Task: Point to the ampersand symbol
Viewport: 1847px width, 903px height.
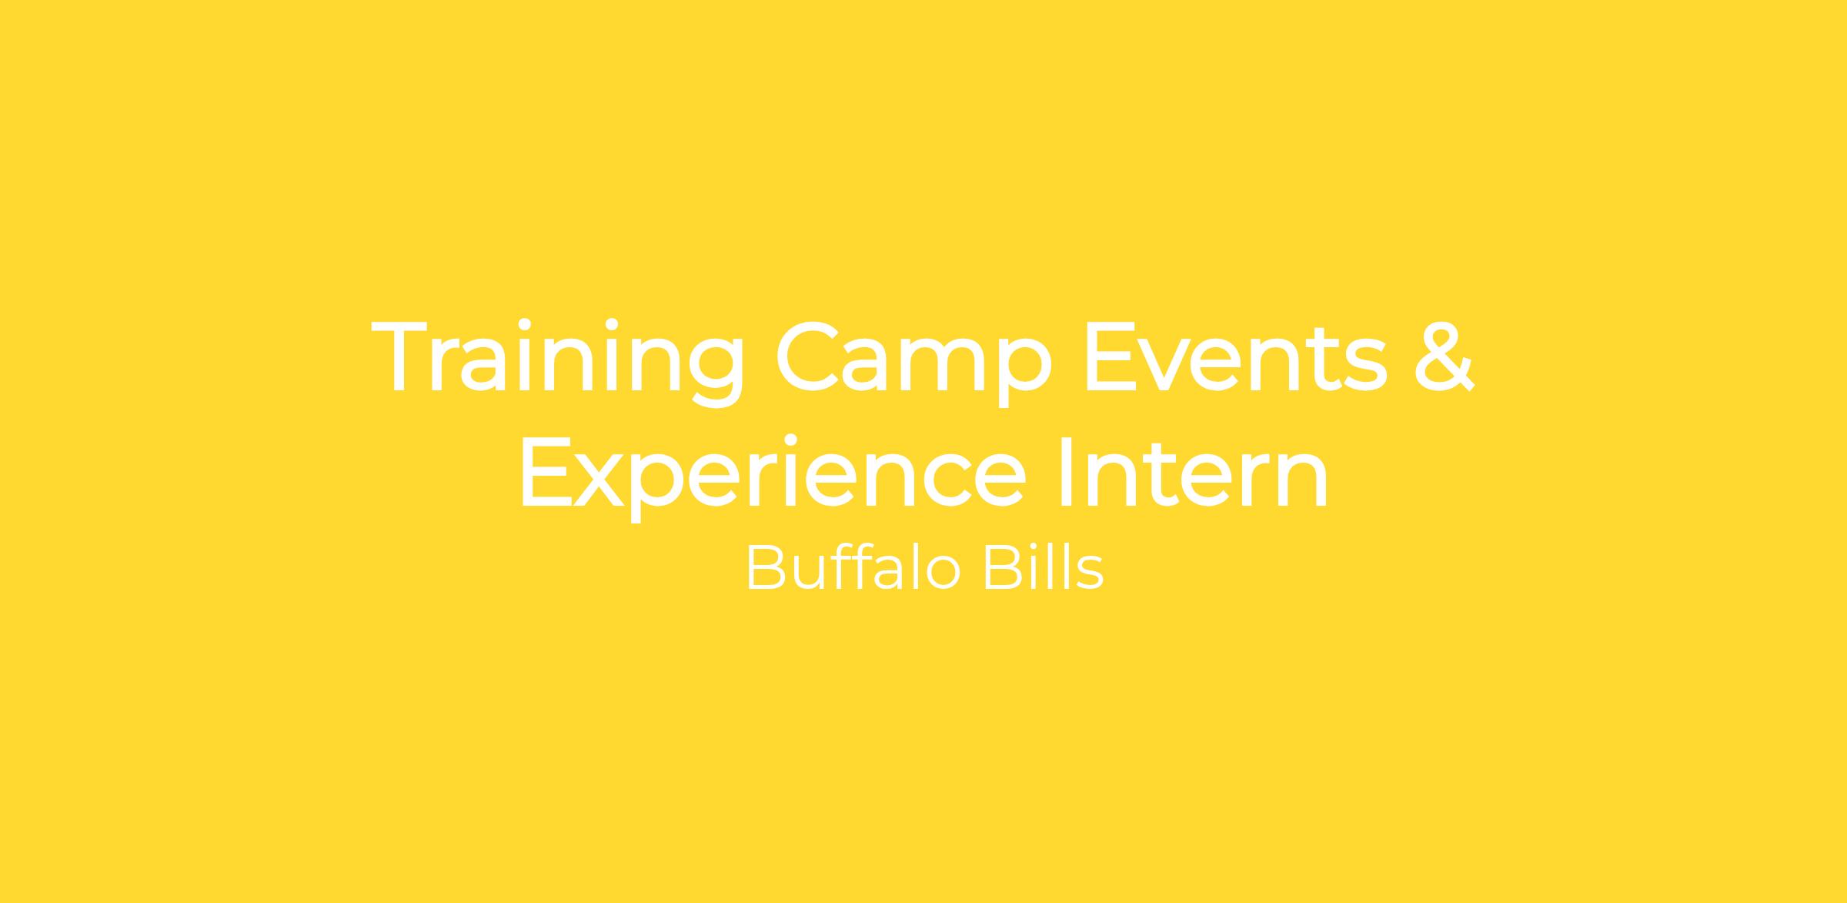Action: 1445,357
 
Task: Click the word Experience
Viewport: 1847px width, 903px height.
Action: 773,476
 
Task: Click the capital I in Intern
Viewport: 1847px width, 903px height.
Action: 1066,471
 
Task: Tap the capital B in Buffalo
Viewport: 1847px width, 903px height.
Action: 764,568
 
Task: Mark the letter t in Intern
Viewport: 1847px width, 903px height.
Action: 1172,475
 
